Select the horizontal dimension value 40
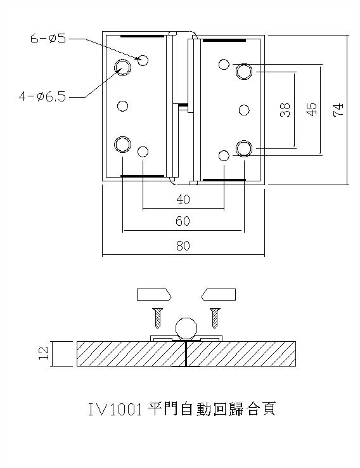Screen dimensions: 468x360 [x=183, y=200]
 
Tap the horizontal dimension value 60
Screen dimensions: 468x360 [x=183, y=221]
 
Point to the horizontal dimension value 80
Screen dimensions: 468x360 [x=183, y=247]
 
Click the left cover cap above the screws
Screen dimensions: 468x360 [x=154, y=294]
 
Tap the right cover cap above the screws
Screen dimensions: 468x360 [x=218, y=294]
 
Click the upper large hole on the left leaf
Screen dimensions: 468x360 [x=122, y=67]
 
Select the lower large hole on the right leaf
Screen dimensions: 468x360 [x=244, y=148]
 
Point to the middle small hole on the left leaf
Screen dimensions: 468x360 [x=124, y=105]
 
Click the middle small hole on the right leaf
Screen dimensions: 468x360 [x=244, y=110]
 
